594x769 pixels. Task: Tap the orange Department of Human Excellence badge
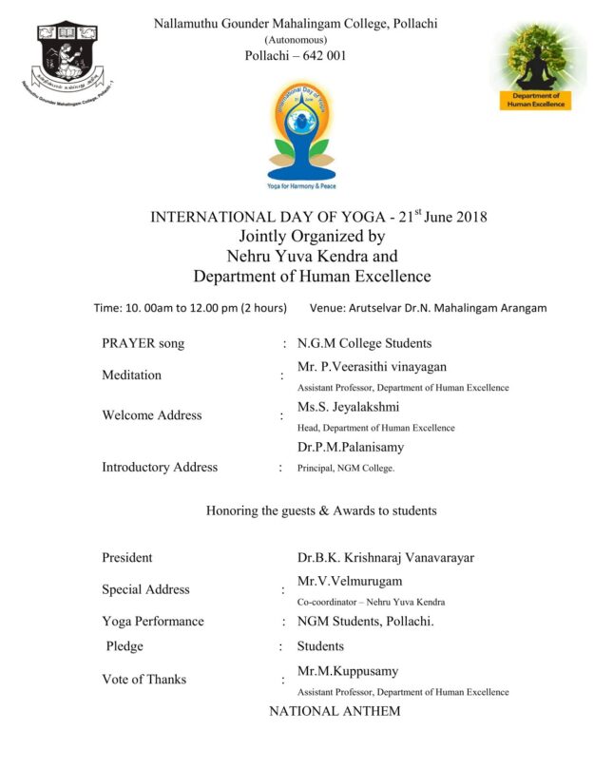pos(535,100)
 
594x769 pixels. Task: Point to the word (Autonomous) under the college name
pos(296,40)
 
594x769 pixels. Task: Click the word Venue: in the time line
pos(329,308)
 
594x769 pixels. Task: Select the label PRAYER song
pos(143,344)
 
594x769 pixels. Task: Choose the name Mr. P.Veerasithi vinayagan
pos(372,367)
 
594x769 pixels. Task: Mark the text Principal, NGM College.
pos(345,468)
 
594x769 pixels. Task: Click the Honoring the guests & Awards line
pos(321,511)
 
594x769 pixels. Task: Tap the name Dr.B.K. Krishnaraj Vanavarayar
pos(384,558)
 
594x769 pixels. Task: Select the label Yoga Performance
pos(152,622)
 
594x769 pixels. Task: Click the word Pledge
pos(125,646)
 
